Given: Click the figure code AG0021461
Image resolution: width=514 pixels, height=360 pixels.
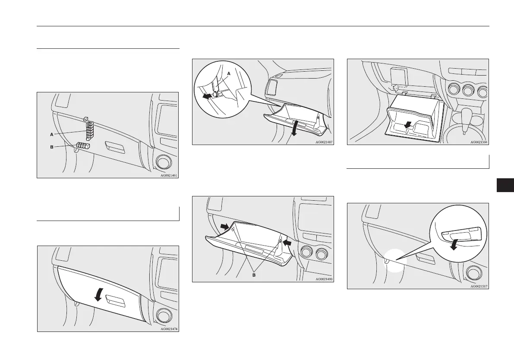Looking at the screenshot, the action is (169, 175).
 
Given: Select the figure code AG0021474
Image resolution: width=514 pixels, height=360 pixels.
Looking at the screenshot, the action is (169, 329).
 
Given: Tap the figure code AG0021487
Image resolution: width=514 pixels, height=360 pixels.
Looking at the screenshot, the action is (324, 142).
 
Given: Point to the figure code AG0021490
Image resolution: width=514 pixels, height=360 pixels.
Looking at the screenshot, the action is (324, 279).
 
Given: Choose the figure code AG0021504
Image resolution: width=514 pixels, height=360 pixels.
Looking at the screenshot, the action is (479, 142).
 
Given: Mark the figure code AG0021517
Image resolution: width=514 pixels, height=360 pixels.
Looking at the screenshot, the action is (479, 286).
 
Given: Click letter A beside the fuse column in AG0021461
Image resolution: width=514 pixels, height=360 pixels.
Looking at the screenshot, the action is (52, 134).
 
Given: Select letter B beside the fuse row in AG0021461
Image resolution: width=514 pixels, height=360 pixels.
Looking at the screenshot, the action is (52, 147).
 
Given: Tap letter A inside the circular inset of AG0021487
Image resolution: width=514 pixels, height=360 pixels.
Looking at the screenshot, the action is (229, 74).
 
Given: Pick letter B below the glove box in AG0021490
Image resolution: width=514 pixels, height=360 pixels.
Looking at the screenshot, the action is (254, 275).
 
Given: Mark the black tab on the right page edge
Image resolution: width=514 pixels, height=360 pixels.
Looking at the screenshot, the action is (505, 185).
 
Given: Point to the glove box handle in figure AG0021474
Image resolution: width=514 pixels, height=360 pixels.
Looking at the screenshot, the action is (115, 302).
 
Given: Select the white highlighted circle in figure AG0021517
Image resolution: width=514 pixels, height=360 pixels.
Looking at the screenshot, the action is (395, 261).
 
